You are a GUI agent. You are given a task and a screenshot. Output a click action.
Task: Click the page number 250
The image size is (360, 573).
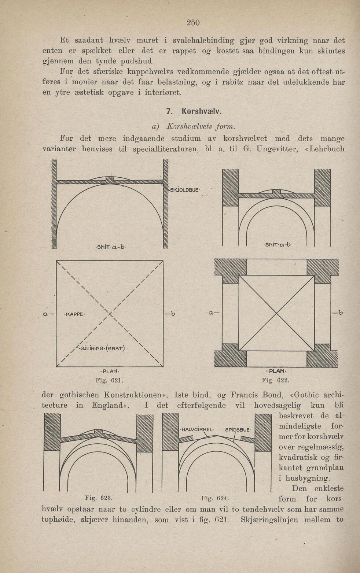pos(193,22)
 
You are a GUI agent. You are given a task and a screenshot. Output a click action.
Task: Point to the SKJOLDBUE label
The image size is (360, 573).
pos(183,189)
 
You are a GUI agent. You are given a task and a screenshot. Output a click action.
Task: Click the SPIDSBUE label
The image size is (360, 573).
pos(237,429)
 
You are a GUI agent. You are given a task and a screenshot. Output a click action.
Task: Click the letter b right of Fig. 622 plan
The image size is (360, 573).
pos(341,313)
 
